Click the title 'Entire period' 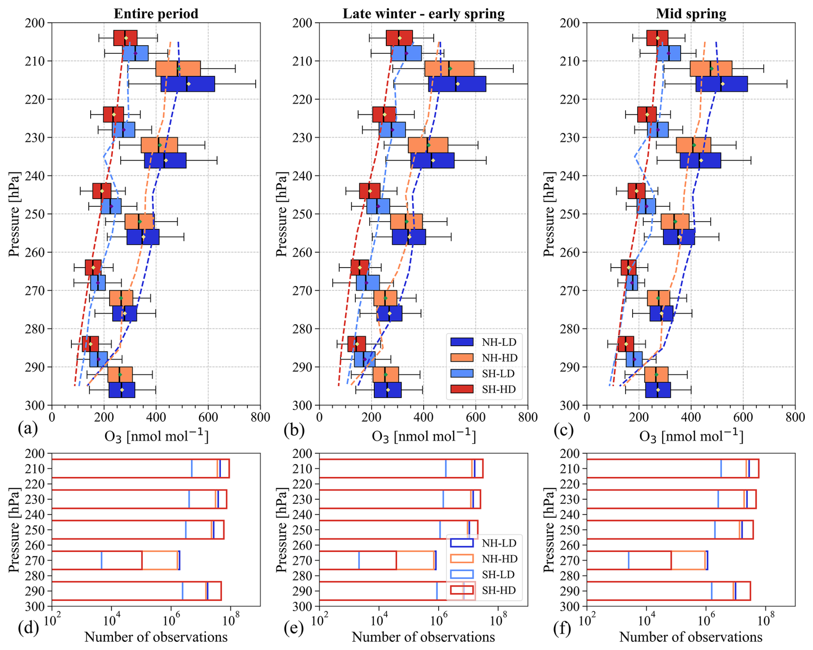(x=156, y=13)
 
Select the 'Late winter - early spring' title (x=423, y=13)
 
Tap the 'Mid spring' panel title (x=691, y=13)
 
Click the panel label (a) (x=28, y=429)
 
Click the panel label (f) (x=562, y=628)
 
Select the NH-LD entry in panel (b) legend (x=484, y=342)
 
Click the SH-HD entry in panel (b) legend (x=484, y=389)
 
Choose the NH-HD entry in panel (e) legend (x=484, y=559)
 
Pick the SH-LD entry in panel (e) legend (x=484, y=574)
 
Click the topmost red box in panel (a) (x=125, y=38)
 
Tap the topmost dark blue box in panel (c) (x=721, y=84)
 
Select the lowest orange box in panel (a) (x=120, y=375)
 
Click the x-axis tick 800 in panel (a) (x=260, y=417)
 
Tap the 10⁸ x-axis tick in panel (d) (x=230, y=619)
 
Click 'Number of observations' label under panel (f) (x=691, y=637)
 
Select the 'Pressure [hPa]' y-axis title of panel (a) (x=14, y=214)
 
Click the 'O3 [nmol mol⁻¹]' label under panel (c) (x=691, y=436)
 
